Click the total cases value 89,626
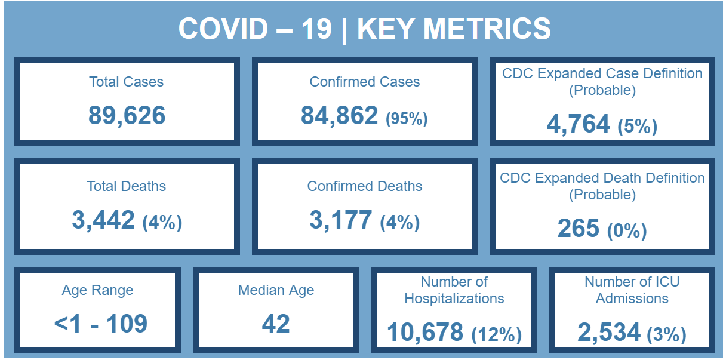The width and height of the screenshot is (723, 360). point(127,116)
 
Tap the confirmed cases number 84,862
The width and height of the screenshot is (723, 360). point(339,116)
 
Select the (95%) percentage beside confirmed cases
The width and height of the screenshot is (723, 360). point(407,118)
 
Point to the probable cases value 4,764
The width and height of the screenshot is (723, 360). point(578,124)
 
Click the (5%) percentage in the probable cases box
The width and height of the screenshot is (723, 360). point(638,127)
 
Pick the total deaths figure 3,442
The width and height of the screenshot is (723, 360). point(103,220)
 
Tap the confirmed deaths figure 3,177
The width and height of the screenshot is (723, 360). point(341,220)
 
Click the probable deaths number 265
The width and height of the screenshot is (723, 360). point(579,228)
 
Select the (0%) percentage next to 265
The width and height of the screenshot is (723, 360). point(627,231)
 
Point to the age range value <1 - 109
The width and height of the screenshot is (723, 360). point(101,324)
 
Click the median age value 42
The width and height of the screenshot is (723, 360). point(276,324)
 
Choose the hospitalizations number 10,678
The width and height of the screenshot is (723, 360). point(425,332)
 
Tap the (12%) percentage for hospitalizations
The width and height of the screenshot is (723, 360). point(497,335)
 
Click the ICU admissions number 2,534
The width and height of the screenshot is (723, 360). point(609,332)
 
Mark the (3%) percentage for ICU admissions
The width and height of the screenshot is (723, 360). point(667,335)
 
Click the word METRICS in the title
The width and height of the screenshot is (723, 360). point(487,29)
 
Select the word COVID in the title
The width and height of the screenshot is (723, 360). point(223,29)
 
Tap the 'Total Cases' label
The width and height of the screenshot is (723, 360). point(126,82)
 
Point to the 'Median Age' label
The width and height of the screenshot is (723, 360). point(276,290)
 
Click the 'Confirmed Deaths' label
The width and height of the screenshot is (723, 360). point(365,186)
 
